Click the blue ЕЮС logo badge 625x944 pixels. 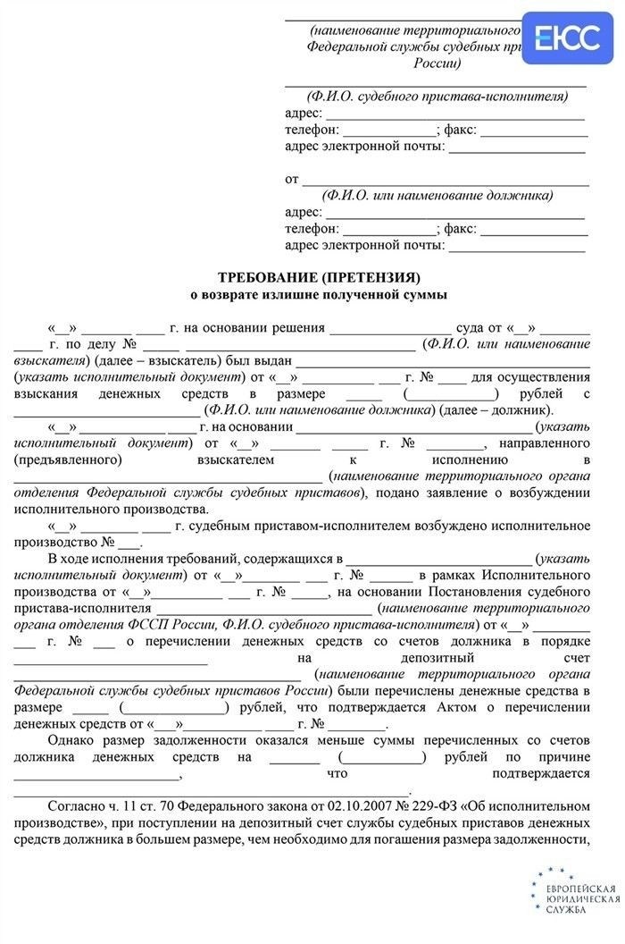(x=566, y=38)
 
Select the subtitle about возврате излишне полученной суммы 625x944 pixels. (x=319, y=293)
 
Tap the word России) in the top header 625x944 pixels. (x=437, y=63)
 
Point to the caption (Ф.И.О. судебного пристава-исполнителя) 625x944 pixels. (x=437, y=96)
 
